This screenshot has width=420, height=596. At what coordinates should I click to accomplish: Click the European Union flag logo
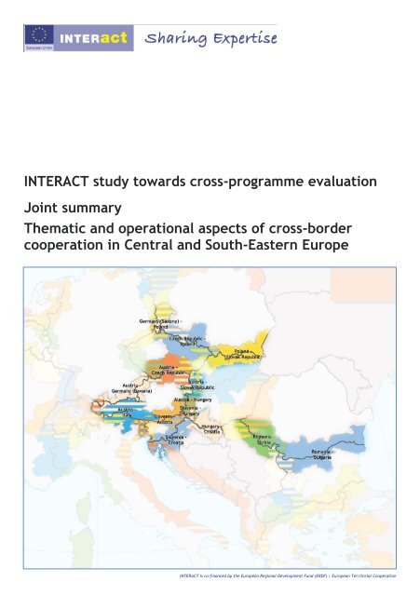point(38,39)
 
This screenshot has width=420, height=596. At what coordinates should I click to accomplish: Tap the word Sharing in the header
point(168,38)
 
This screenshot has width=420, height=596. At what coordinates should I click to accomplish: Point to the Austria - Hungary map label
point(194,399)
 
